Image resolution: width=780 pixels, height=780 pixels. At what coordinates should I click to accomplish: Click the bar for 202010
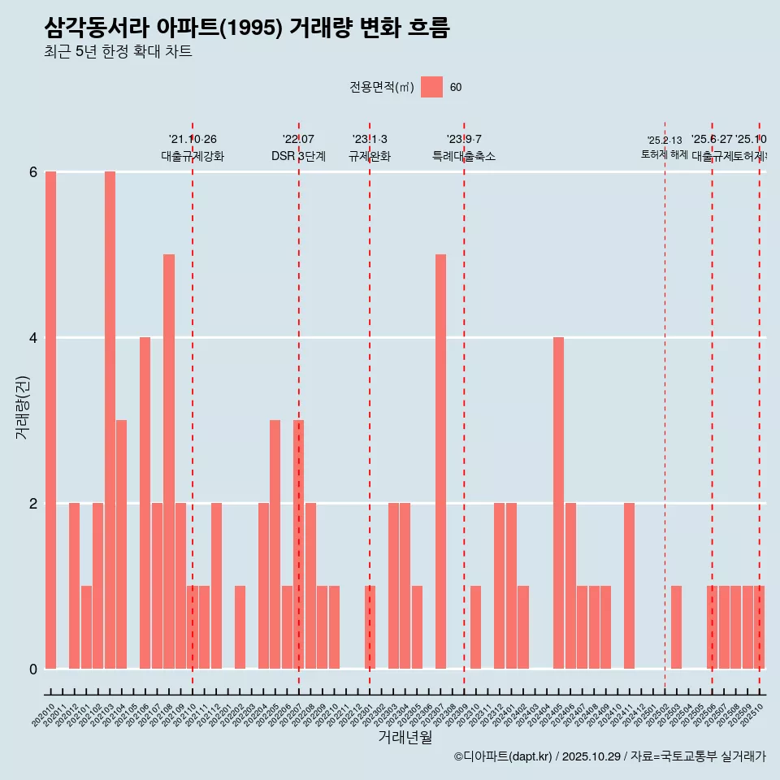click(50, 420)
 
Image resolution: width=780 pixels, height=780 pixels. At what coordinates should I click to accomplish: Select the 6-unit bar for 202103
click(110, 420)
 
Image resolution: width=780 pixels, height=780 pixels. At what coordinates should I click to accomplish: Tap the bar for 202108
click(169, 461)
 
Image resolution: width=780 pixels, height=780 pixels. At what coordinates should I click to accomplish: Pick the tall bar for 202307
click(440, 461)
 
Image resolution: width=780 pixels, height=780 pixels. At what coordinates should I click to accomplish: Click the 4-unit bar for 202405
click(559, 503)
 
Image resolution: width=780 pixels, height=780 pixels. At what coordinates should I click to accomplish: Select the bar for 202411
click(630, 586)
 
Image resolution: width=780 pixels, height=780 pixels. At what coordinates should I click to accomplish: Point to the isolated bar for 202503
click(677, 627)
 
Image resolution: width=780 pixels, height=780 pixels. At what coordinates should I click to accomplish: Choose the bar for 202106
click(145, 503)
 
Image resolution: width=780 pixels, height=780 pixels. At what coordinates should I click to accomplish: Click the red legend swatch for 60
click(431, 87)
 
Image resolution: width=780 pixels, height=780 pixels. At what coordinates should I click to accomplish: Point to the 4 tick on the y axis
click(33, 338)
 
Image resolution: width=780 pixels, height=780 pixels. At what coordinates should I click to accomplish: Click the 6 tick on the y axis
click(33, 172)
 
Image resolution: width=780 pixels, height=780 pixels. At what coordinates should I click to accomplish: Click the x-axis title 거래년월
click(405, 737)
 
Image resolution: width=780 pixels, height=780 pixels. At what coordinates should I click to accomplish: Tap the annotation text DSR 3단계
click(298, 156)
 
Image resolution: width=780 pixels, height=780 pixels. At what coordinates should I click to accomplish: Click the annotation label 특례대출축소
click(464, 156)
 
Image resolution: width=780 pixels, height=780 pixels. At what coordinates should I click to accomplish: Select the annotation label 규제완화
click(370, 156)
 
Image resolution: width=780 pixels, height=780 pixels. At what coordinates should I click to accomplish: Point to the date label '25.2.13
click(665, 141)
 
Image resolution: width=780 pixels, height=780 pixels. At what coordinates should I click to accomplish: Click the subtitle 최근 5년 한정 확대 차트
click(118, 52)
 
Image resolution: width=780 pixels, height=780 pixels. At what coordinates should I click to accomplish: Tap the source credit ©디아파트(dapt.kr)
click(503, 756)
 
